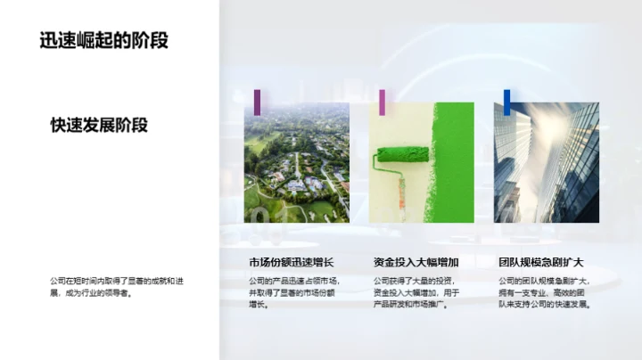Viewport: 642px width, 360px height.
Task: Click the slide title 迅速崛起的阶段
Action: pyautogui.click(x=103, y=40)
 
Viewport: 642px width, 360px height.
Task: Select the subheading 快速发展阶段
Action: pyautogui.click(x=99, y=125)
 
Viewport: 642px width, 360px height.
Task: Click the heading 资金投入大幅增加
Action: pyautogui.click(x=416, y=262)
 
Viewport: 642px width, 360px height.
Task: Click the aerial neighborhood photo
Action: pyautogui.click(x=296, y=162)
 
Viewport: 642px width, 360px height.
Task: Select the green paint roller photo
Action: pyautogui.click(x=421, y=162)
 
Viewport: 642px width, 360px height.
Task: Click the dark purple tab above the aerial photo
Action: pyautogui.click(x=257, y=102)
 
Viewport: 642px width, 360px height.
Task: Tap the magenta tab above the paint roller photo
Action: pyautogui.click(x=382, y=102)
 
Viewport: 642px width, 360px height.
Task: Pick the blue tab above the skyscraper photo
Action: pyautogui.click(x=506, y=102)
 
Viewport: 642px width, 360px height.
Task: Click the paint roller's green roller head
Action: pyautogui.click(x=402, y=153)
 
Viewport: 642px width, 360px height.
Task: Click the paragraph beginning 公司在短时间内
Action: pyautogui.click(x=116, y=286)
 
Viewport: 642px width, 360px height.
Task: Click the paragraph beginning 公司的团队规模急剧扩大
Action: pyautogui.click(x=544, y=292)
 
